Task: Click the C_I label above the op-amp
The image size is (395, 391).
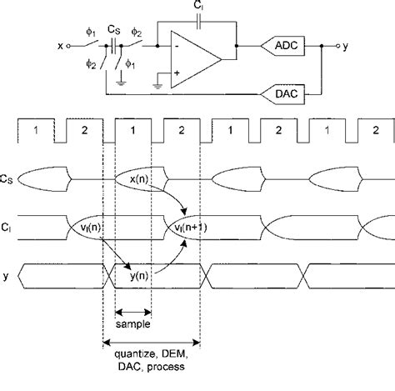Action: click(x=197, y=8)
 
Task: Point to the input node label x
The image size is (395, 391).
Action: click(x=60, y=46)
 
